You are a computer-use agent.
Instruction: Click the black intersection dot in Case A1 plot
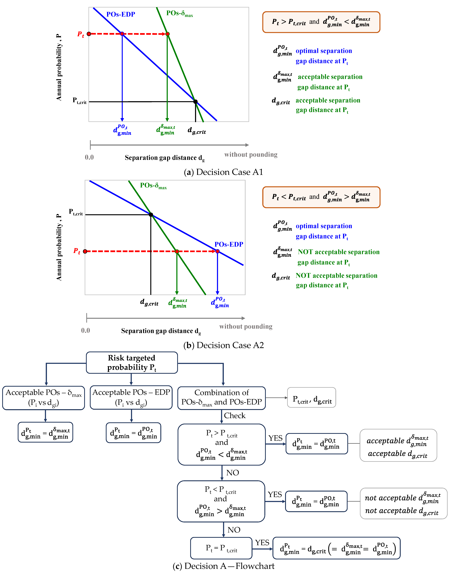coord(195,102)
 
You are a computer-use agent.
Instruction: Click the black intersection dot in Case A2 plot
coord(151,215)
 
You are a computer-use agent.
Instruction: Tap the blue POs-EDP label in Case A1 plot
coord(121,14)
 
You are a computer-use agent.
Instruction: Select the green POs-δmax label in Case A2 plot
coord(153,186)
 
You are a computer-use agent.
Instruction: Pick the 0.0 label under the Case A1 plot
coord(89,157)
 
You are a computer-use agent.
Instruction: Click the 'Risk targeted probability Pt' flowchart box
coord(132,362)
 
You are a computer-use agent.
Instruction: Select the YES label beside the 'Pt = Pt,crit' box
coord(262,543)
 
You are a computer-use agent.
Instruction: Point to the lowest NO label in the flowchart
coord(234,530)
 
